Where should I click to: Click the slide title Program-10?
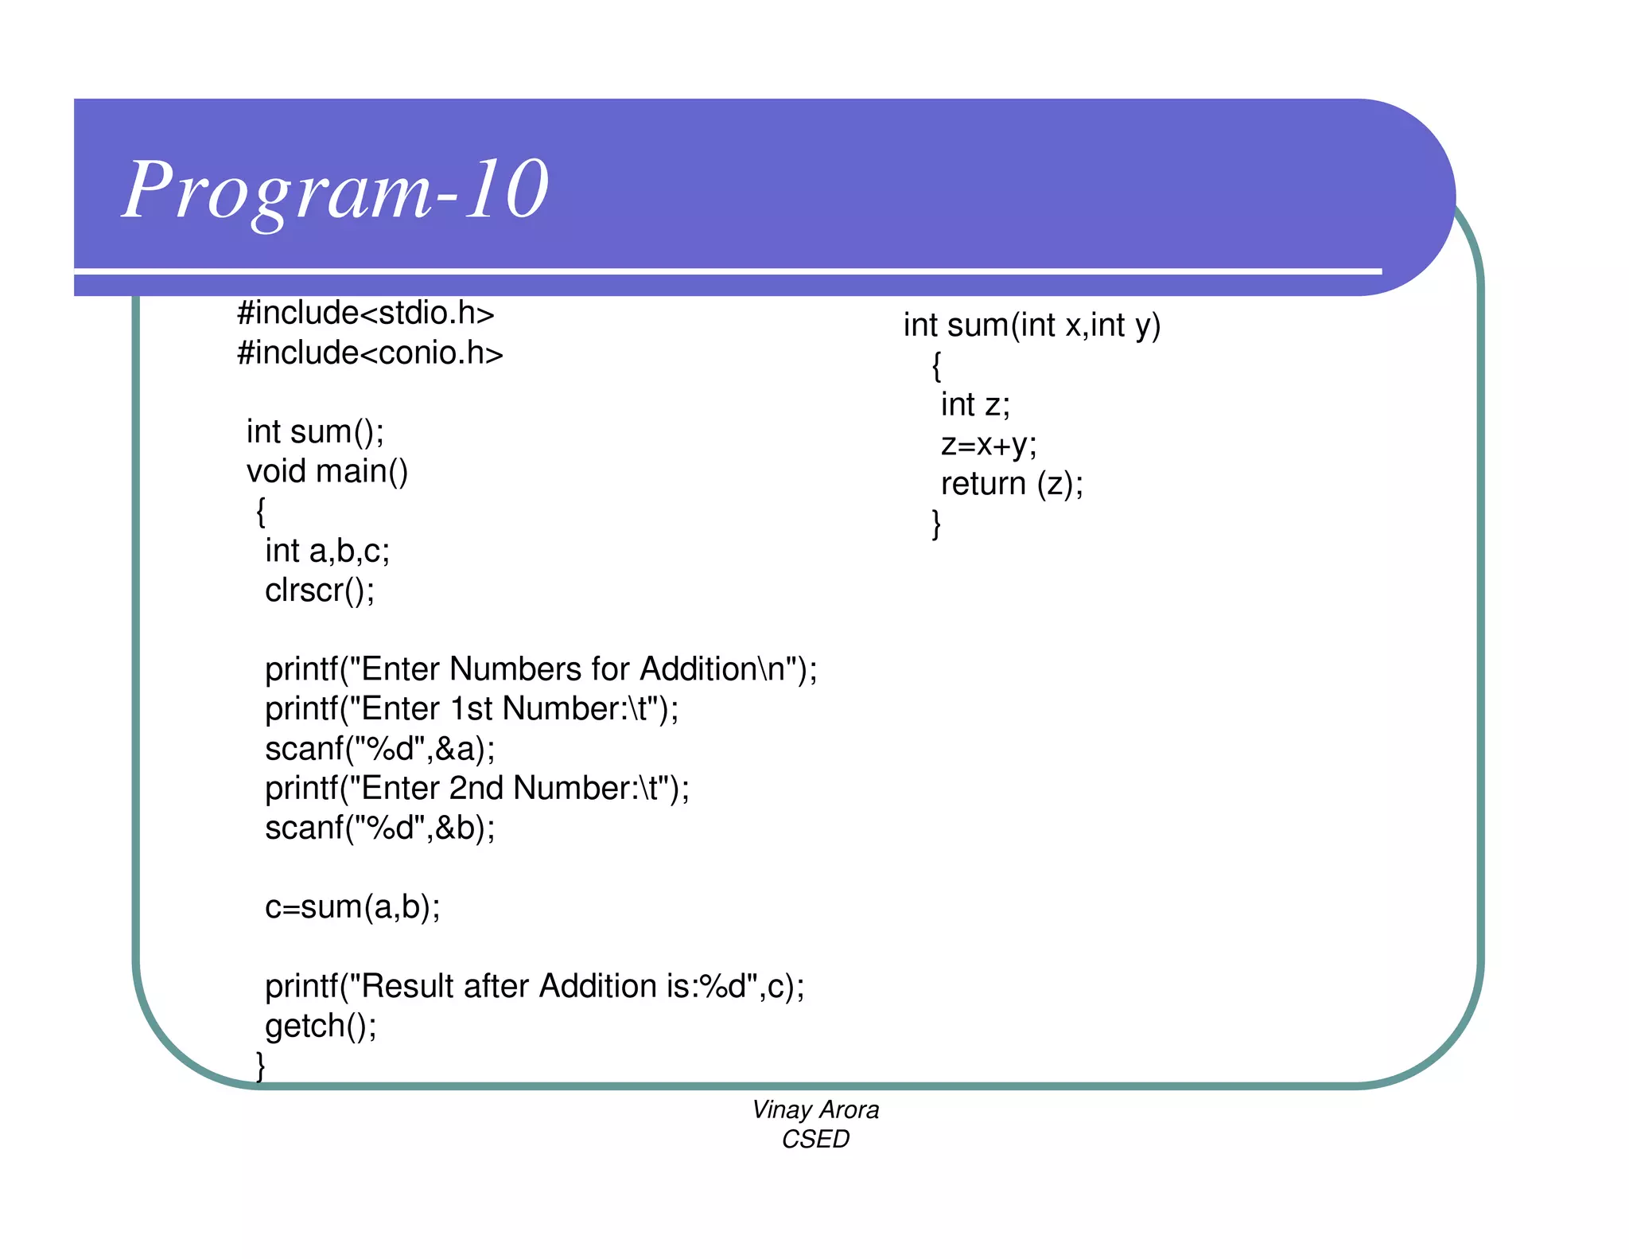click(336, 190)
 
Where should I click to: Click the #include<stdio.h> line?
click(366, 313)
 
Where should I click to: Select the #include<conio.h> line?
click(370, 353)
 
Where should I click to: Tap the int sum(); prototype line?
click(315, 431)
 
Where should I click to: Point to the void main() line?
click(327, 471)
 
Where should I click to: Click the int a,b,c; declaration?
click(327, 551)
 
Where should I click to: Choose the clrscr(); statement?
click(319, 591)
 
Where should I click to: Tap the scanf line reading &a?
click(379, 749)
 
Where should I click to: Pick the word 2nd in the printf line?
click(476, 788)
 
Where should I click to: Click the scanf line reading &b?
click(379, 828)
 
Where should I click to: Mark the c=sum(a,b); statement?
click(352, 907)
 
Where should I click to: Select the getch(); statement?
click(321, 1026)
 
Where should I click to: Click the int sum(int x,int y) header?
click(1032, 325)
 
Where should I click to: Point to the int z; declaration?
click(975, 405)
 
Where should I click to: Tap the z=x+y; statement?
click(989, 444)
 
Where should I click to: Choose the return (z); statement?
click(1012, 484)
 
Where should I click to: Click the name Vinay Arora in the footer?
click(815, 1109)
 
